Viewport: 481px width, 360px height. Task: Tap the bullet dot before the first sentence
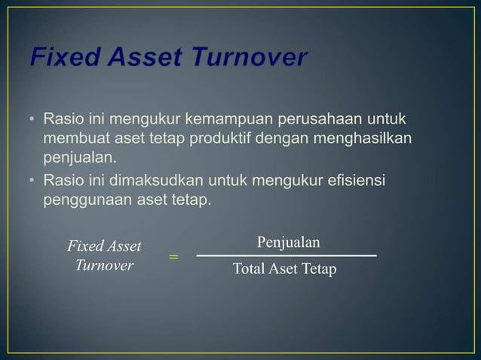[33, 121]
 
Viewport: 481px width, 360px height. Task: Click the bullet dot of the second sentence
[33, 180]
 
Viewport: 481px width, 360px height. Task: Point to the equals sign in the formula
[173, 258]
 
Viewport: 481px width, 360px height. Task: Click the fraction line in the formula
[286, 257]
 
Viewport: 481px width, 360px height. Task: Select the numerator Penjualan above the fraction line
[288, 243]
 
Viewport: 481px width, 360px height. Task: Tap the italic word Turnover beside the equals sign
[104, 266]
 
